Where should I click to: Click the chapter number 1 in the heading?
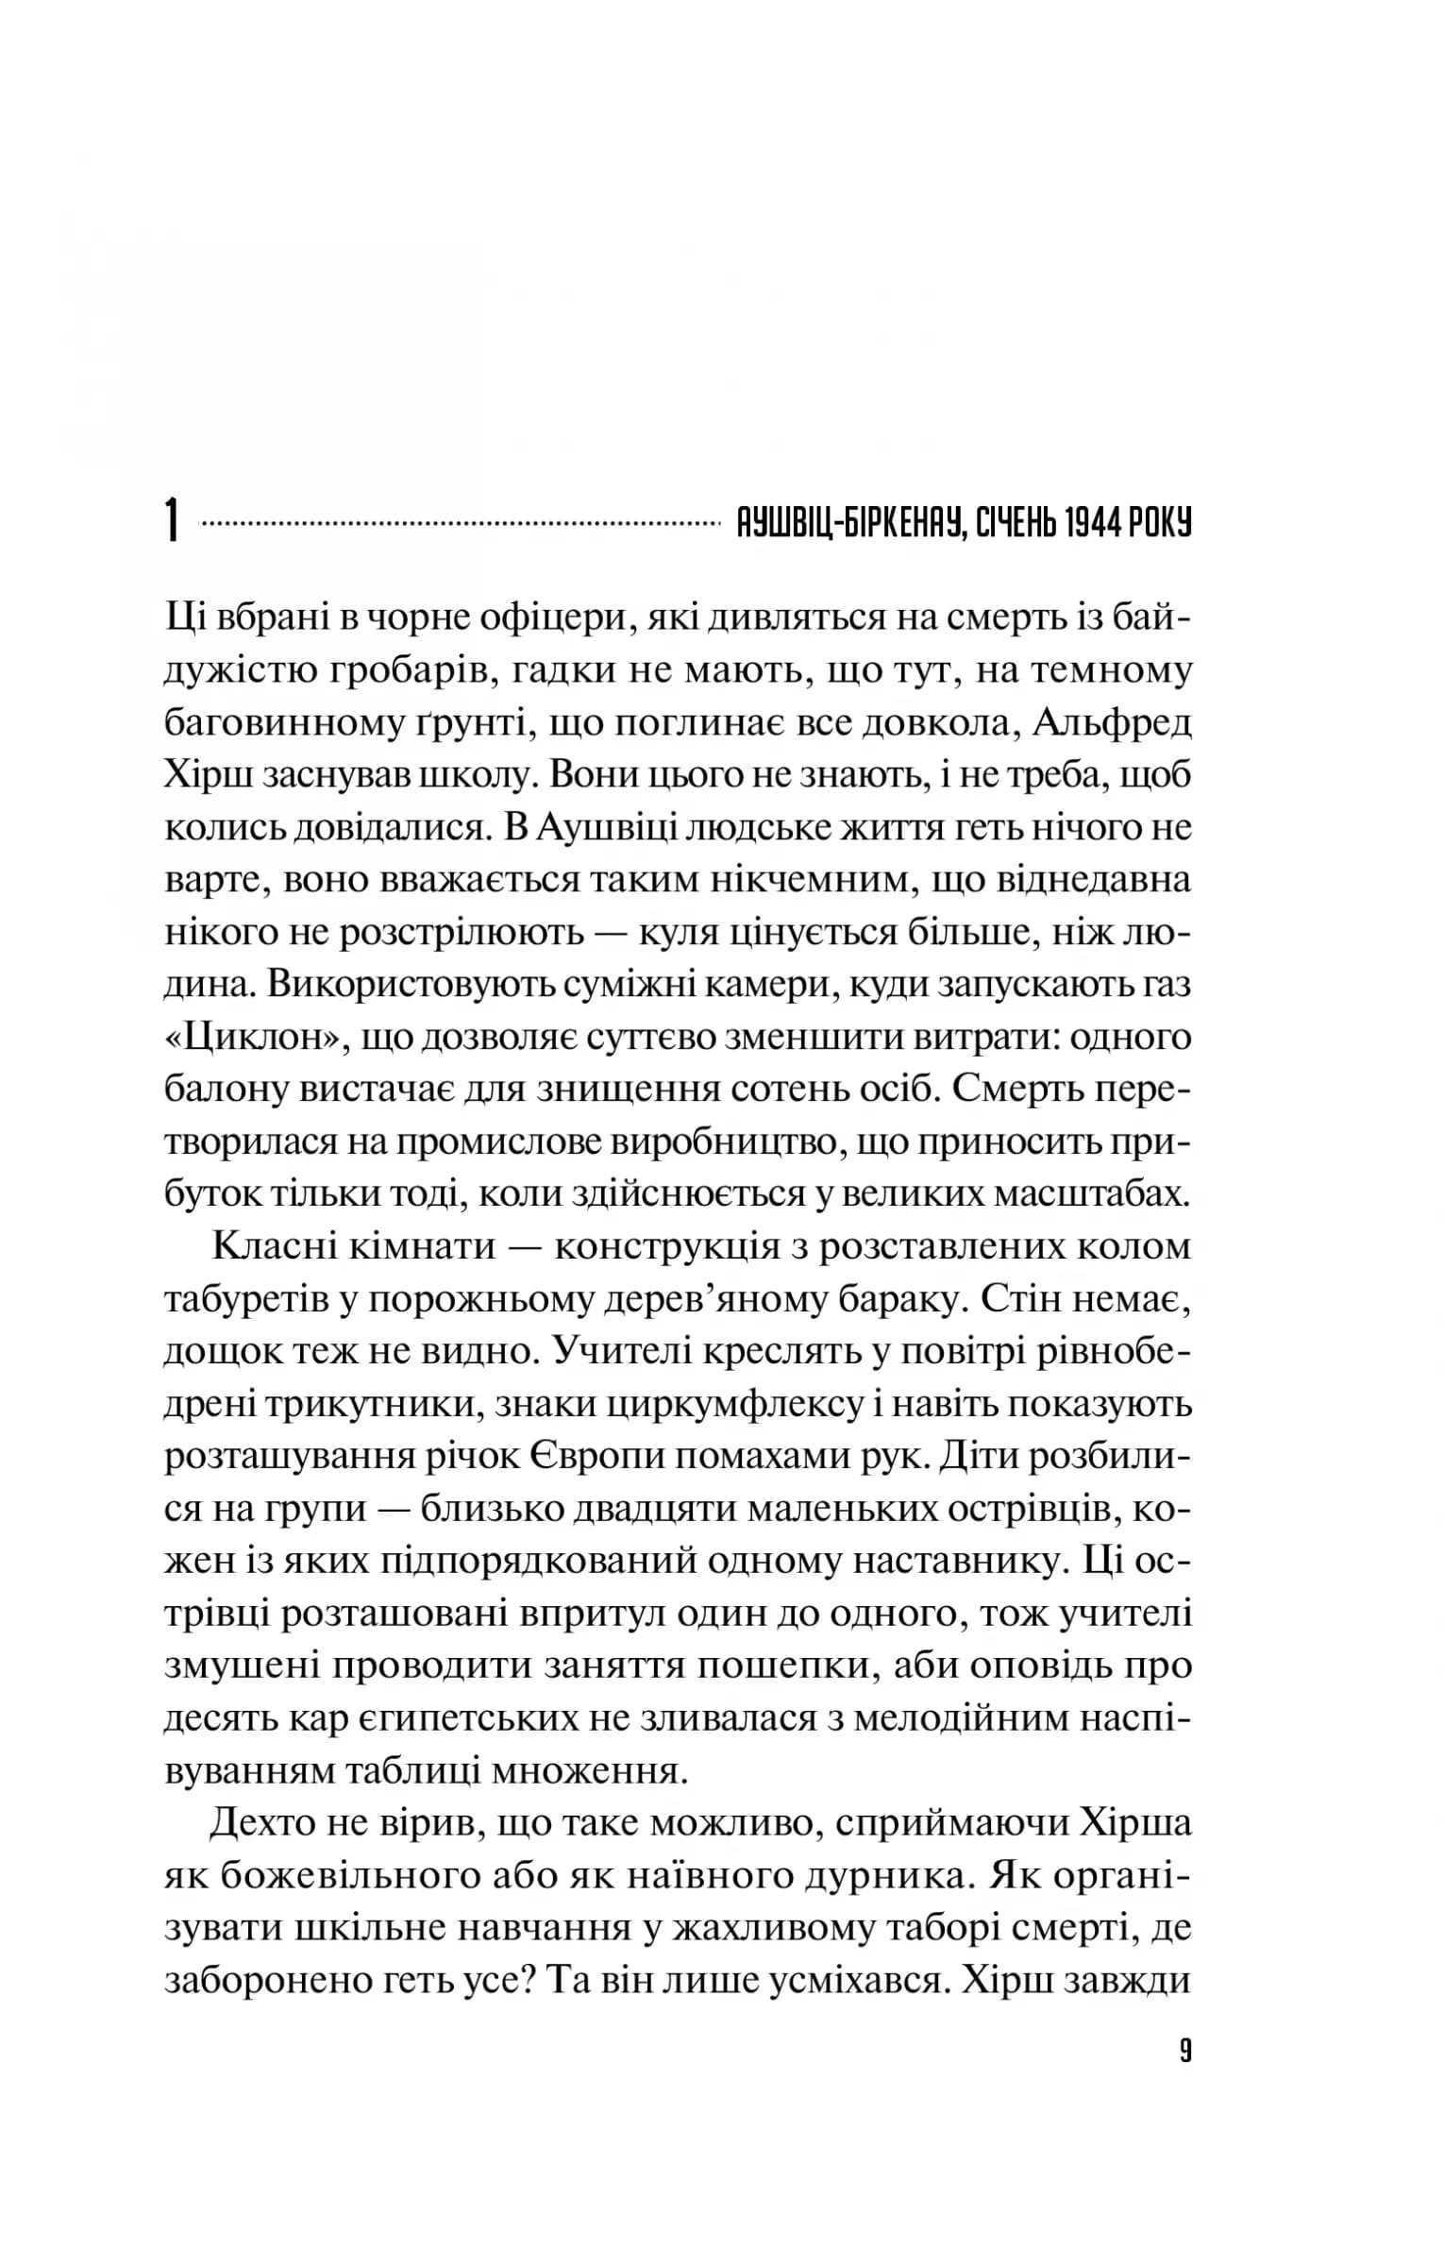pos(172,521)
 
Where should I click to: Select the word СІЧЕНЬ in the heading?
pos(1013,522)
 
